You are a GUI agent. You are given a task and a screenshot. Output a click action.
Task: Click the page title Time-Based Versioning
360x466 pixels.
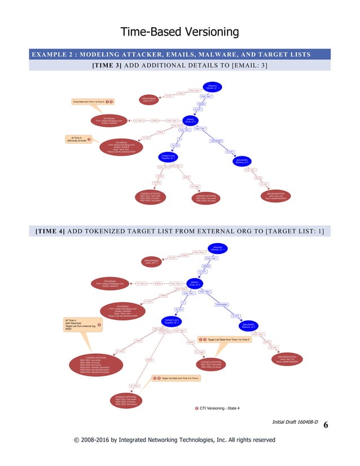[180, 32]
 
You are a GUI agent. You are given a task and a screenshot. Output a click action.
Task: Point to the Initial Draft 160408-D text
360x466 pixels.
[295, 421]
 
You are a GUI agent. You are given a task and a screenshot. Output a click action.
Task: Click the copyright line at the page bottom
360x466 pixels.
[180, 439]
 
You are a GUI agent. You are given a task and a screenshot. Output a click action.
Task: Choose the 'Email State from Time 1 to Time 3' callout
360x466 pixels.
[92, 102]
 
